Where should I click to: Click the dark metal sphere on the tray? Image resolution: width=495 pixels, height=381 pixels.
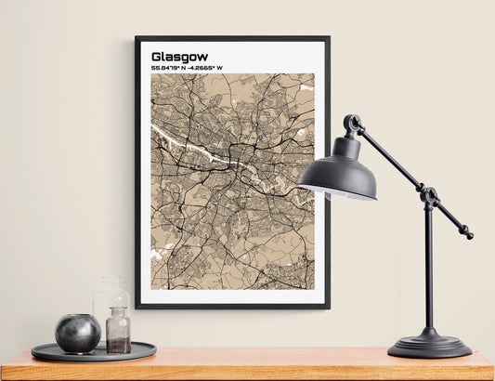click(77, 333)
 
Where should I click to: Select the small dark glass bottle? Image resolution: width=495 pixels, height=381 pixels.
click(118, 332)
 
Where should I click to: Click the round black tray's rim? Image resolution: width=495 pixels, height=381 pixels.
click(93, 356)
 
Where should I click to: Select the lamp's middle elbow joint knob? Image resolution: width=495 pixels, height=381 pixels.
click(429, 195)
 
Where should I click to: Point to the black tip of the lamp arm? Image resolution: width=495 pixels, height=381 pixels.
click(467, 234)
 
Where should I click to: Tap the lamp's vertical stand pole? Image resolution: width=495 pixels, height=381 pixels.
click(429, 269)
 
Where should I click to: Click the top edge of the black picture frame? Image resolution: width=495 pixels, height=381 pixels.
click(232, 38)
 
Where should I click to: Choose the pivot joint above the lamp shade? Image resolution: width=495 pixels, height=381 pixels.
click(353, 123)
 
